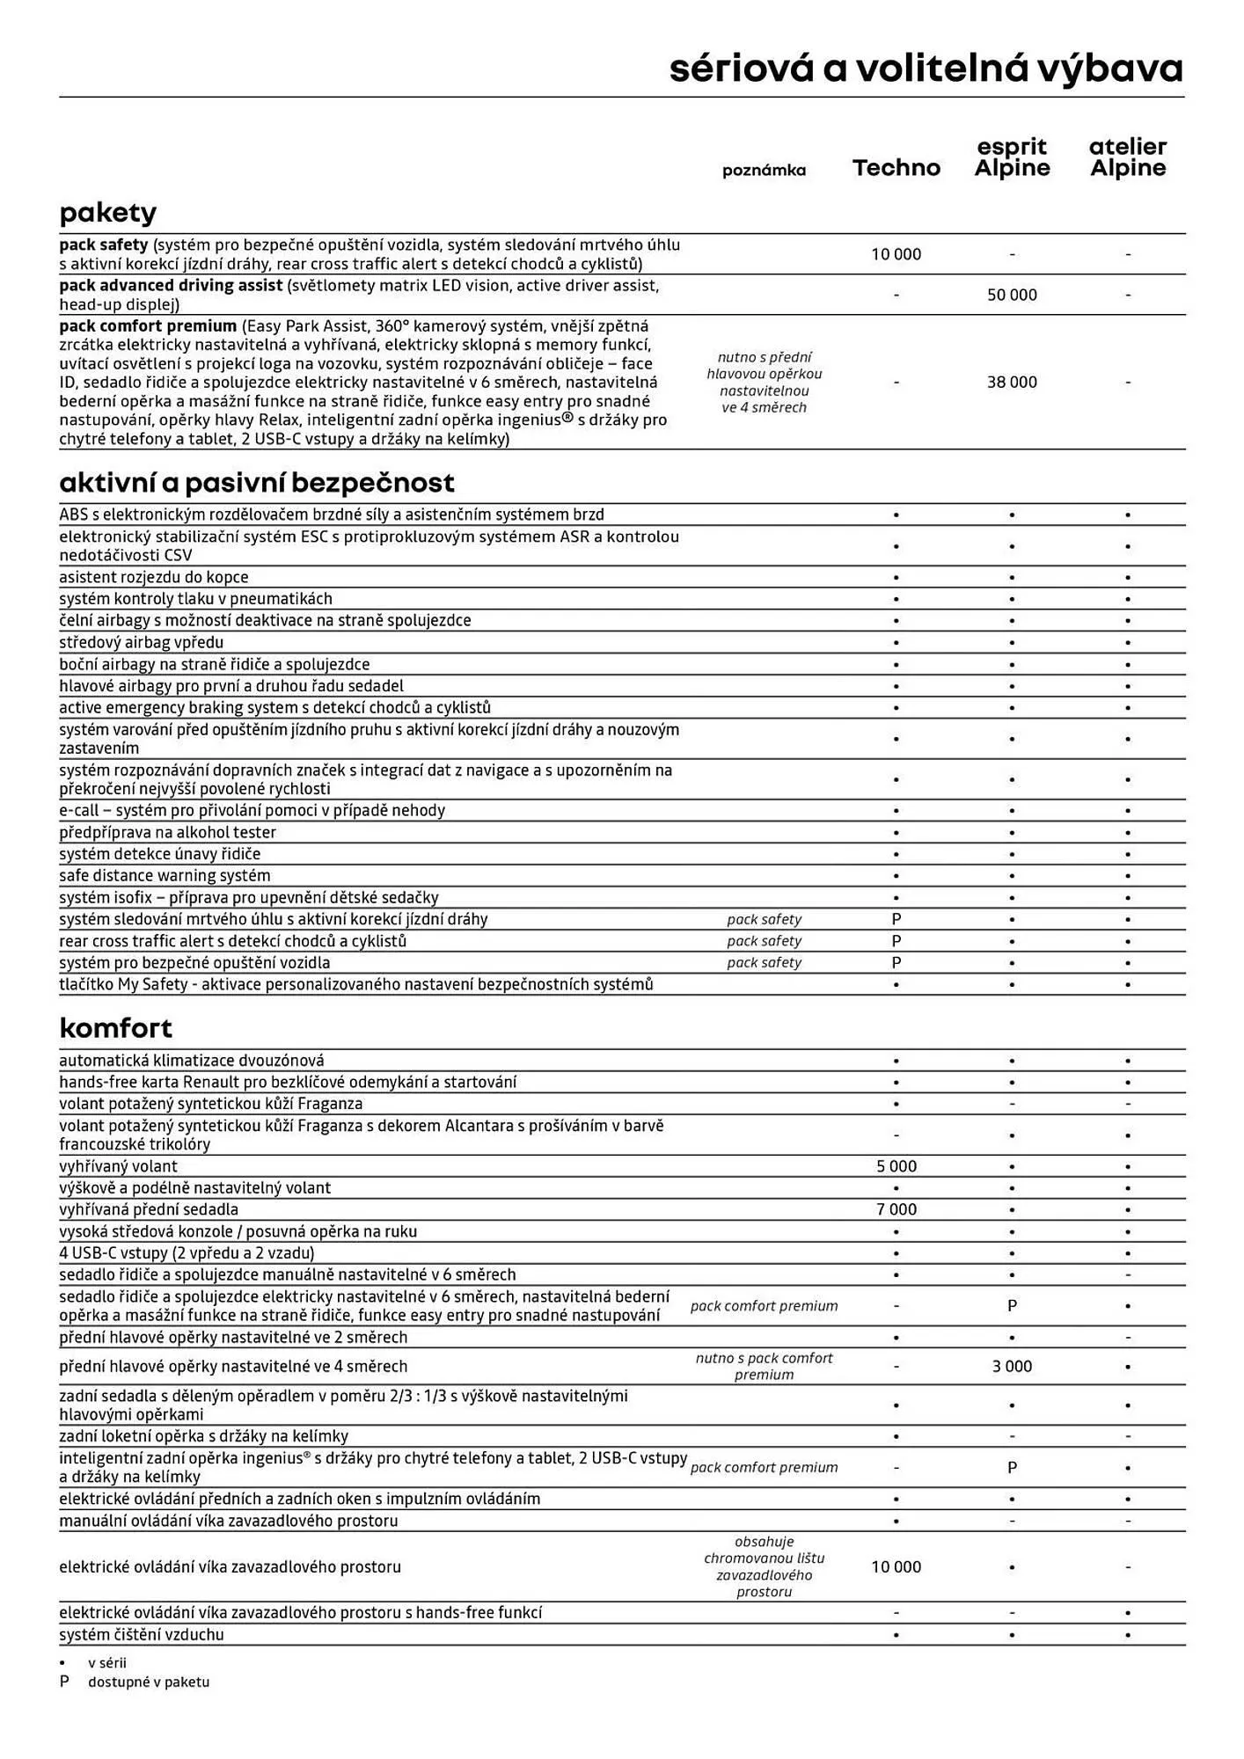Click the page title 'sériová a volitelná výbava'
[x=926, y=69]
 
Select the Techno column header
[x=896, y=168]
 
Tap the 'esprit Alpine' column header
[x=1012, y=158]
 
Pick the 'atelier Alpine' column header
[x=1127, y=158]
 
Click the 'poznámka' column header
[x=764, y=171]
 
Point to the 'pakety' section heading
[x=107, y=213]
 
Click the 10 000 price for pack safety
[x=896, y=254]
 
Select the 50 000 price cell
[x=1012, y=295]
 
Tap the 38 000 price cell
[x=1012, y=382]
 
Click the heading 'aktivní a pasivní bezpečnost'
[x=257, y=483]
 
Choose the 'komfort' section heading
[x=115, y=1028]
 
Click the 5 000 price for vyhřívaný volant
[x=896, y=1166]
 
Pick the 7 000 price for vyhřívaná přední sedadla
[x=896, y=1209]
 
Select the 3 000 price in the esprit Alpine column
[x=1012, y=1366]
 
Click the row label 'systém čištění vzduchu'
[x=142, y=1634]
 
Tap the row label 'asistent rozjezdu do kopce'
[x=154, y=578]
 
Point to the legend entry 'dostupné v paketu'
[x=148, y=1682]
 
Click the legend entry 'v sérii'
[x=106, y=1662]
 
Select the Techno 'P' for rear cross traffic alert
[x=896, y=941]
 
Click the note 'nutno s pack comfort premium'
[x=764, y=1366]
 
